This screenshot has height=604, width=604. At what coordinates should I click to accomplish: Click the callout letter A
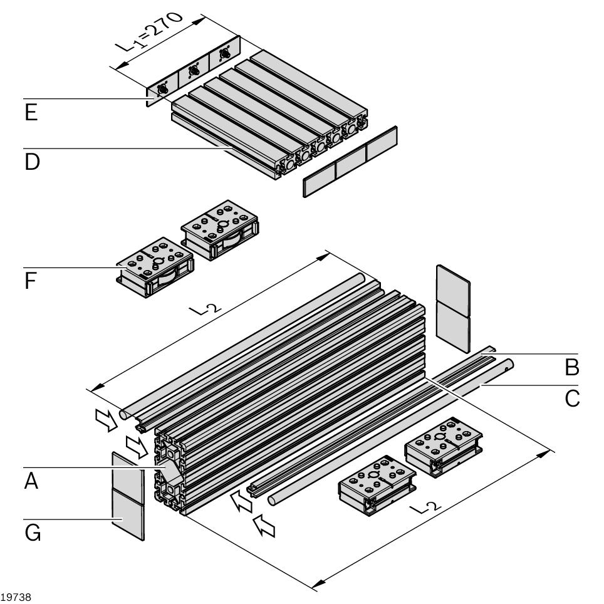tap(31, 483)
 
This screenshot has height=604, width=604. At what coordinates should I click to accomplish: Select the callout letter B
tap(571, 368)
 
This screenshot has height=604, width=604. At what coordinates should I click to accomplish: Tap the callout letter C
tap(571, 398)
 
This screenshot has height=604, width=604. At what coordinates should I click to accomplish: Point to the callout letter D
tap(31, 162)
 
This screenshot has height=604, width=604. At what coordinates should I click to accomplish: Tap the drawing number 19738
tap(16, 597)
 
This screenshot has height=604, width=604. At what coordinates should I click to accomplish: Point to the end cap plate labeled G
tap(128, 495)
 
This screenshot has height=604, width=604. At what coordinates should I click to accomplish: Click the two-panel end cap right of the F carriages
tap(452, 307)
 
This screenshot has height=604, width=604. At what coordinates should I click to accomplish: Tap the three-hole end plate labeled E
tap(194, 72)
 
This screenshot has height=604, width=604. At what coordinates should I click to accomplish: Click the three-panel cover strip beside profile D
tap(350, 161)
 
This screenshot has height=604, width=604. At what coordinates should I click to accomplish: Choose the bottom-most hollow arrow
tap(265, 526)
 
